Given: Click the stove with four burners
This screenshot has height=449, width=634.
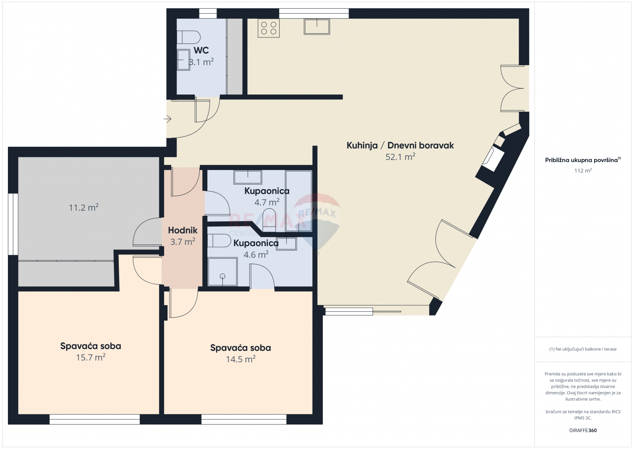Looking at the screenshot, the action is click(269, 28).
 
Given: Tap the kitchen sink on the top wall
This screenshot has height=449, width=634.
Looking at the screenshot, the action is click(317, 27).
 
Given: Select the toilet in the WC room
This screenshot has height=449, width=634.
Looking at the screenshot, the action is click(189, 37).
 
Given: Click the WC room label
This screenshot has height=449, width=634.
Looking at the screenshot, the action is click(201, 50).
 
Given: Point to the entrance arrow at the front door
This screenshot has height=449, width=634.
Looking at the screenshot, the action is click(167, 119).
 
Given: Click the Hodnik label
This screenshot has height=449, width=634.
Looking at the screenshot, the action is click(182, 230).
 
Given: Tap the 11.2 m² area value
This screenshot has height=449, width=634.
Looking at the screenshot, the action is click(84, 207).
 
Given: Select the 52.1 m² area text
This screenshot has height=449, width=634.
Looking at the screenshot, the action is click(400, 157).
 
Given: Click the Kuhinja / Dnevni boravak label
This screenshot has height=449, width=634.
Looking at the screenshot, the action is click(400, 146).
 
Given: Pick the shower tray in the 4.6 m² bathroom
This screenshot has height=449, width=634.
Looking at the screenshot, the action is click(222, 271).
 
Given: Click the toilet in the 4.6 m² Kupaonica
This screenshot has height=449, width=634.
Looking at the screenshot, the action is click(219, 241).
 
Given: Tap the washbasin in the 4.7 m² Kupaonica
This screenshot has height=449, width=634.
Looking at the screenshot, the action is click(248, 177).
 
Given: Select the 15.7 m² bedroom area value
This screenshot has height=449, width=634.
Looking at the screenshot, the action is click(91, 357).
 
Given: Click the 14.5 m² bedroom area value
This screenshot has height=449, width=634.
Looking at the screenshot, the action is click(241, 359).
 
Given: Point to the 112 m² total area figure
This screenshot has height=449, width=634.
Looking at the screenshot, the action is click(583, 170).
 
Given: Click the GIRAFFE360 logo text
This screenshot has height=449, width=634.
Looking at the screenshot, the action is click(583, 430).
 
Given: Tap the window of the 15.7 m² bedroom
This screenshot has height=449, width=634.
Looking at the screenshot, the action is click(95, 419).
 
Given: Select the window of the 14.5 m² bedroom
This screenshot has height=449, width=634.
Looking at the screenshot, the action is click(244, 419).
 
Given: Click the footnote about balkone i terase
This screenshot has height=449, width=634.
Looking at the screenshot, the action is click(583, 349).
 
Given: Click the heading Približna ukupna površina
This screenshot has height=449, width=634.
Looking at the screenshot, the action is click(583, 160).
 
